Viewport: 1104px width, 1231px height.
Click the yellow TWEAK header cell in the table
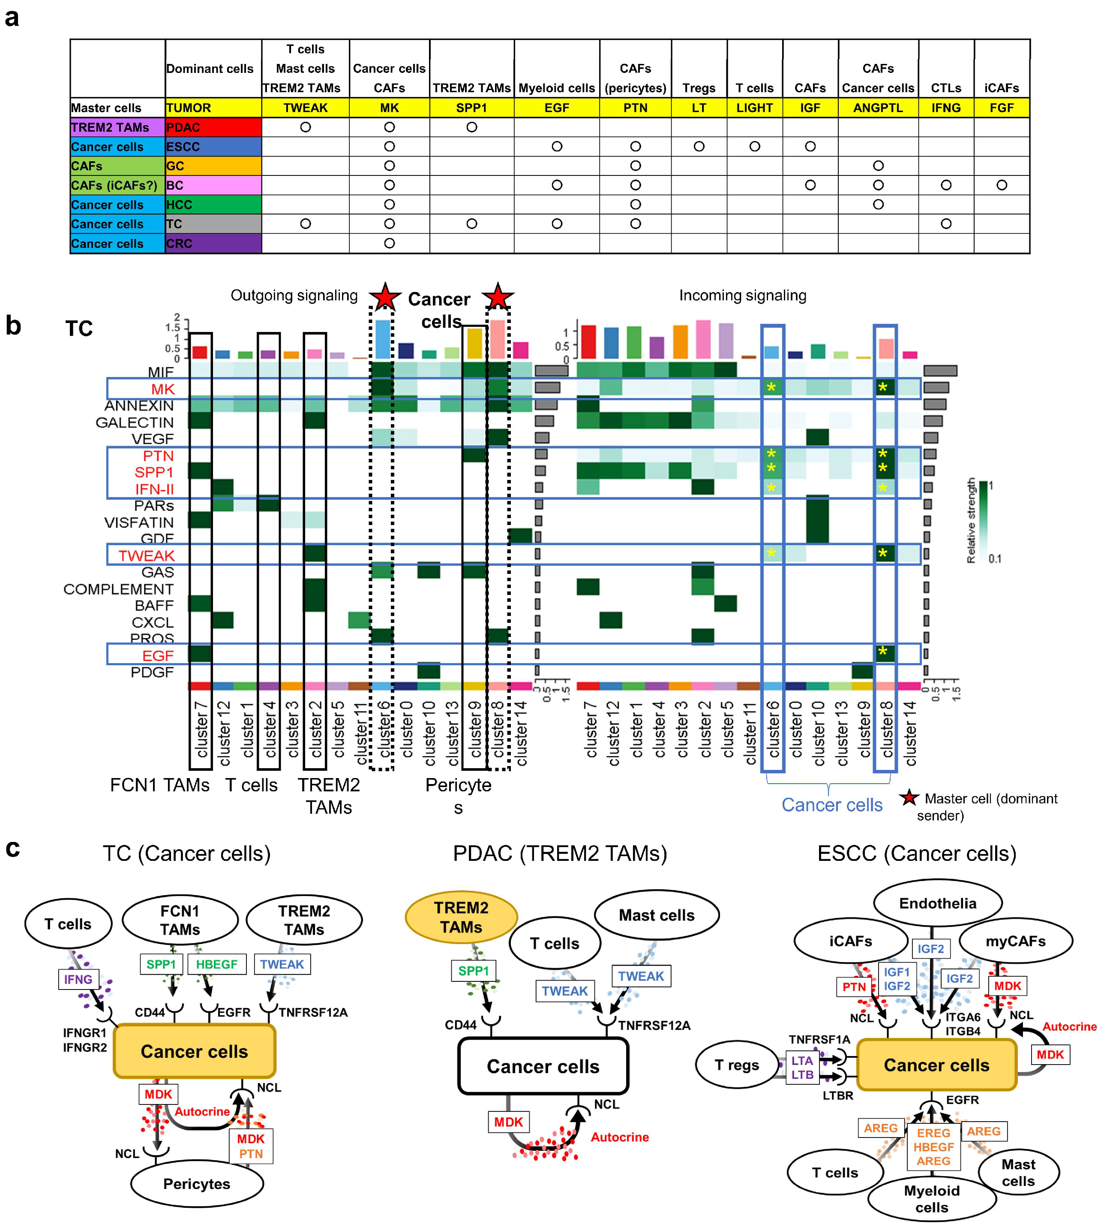tap(305, 107)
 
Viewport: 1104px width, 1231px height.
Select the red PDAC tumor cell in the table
tap(213, 127)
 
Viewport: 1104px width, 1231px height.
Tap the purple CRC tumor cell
tap(213, 243)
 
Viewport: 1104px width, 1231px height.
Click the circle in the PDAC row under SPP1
tap(471, 127)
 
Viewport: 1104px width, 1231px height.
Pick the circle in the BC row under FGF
tap(1002, 185)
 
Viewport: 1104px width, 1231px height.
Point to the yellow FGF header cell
tap(1002, 107)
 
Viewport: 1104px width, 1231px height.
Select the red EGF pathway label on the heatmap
tap(158, 655)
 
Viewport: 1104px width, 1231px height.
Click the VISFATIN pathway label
tap(139, 522)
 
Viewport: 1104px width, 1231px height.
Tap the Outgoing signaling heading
tap(294, 296)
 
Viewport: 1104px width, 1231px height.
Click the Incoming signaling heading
tap(742, 296)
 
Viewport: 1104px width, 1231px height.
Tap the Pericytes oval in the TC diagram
tap(197, 1184)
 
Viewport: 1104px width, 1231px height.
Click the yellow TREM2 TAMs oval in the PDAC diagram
tap(461, 917)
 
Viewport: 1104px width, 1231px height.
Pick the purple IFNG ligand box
tap(78, 979)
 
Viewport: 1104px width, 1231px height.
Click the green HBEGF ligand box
tap(216, 964)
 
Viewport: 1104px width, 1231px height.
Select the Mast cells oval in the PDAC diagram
tap(656, 915)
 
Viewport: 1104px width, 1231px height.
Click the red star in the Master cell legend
tap(908, 798)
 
